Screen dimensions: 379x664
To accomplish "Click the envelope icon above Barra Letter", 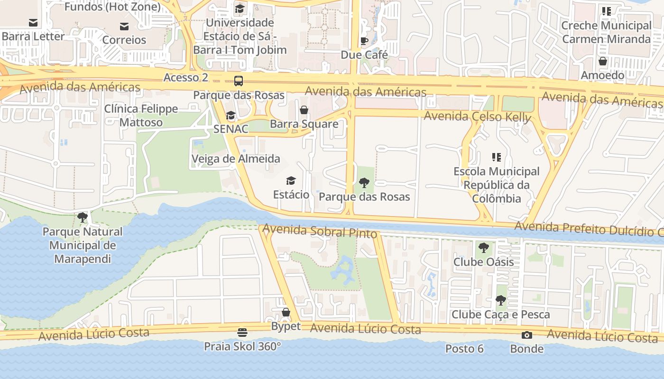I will (x=33, y=23).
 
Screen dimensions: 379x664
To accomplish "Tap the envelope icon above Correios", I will (x=124, y=27).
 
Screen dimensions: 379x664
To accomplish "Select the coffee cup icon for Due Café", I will (x=364, y=41).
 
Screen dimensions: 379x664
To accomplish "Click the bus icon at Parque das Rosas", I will (x=239, y=81).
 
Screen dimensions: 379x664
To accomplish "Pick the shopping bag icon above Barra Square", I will (x=304, y=110).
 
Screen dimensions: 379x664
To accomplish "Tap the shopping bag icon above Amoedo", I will (x=602, y=61).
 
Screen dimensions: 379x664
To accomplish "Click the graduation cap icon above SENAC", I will (x=231, y=115).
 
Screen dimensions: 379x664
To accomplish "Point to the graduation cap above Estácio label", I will (x=291, y=181).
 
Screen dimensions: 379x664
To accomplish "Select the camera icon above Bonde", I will (x=526, y=335).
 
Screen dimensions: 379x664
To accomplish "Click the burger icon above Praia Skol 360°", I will (x=242, y=332).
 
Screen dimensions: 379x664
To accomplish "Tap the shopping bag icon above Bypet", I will (x=286, y=312).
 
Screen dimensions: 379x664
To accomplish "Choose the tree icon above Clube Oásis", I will (x=483, y=248).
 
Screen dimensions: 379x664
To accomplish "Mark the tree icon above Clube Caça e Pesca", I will (x=500, y=300).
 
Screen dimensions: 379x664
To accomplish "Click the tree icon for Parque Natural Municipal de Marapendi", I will (x=83, y=218).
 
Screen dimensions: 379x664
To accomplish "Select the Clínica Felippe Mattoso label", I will (x=141, y=116).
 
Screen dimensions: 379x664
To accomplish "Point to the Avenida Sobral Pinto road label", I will (x=320, y=232).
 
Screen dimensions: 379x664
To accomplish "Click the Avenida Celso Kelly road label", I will (x=477, y=117).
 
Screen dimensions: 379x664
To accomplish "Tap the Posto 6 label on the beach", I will (x=464, y=349).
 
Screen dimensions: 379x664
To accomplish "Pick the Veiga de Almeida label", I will (x=236, y=159).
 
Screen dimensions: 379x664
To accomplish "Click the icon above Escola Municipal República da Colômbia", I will (x=496, y=157).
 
